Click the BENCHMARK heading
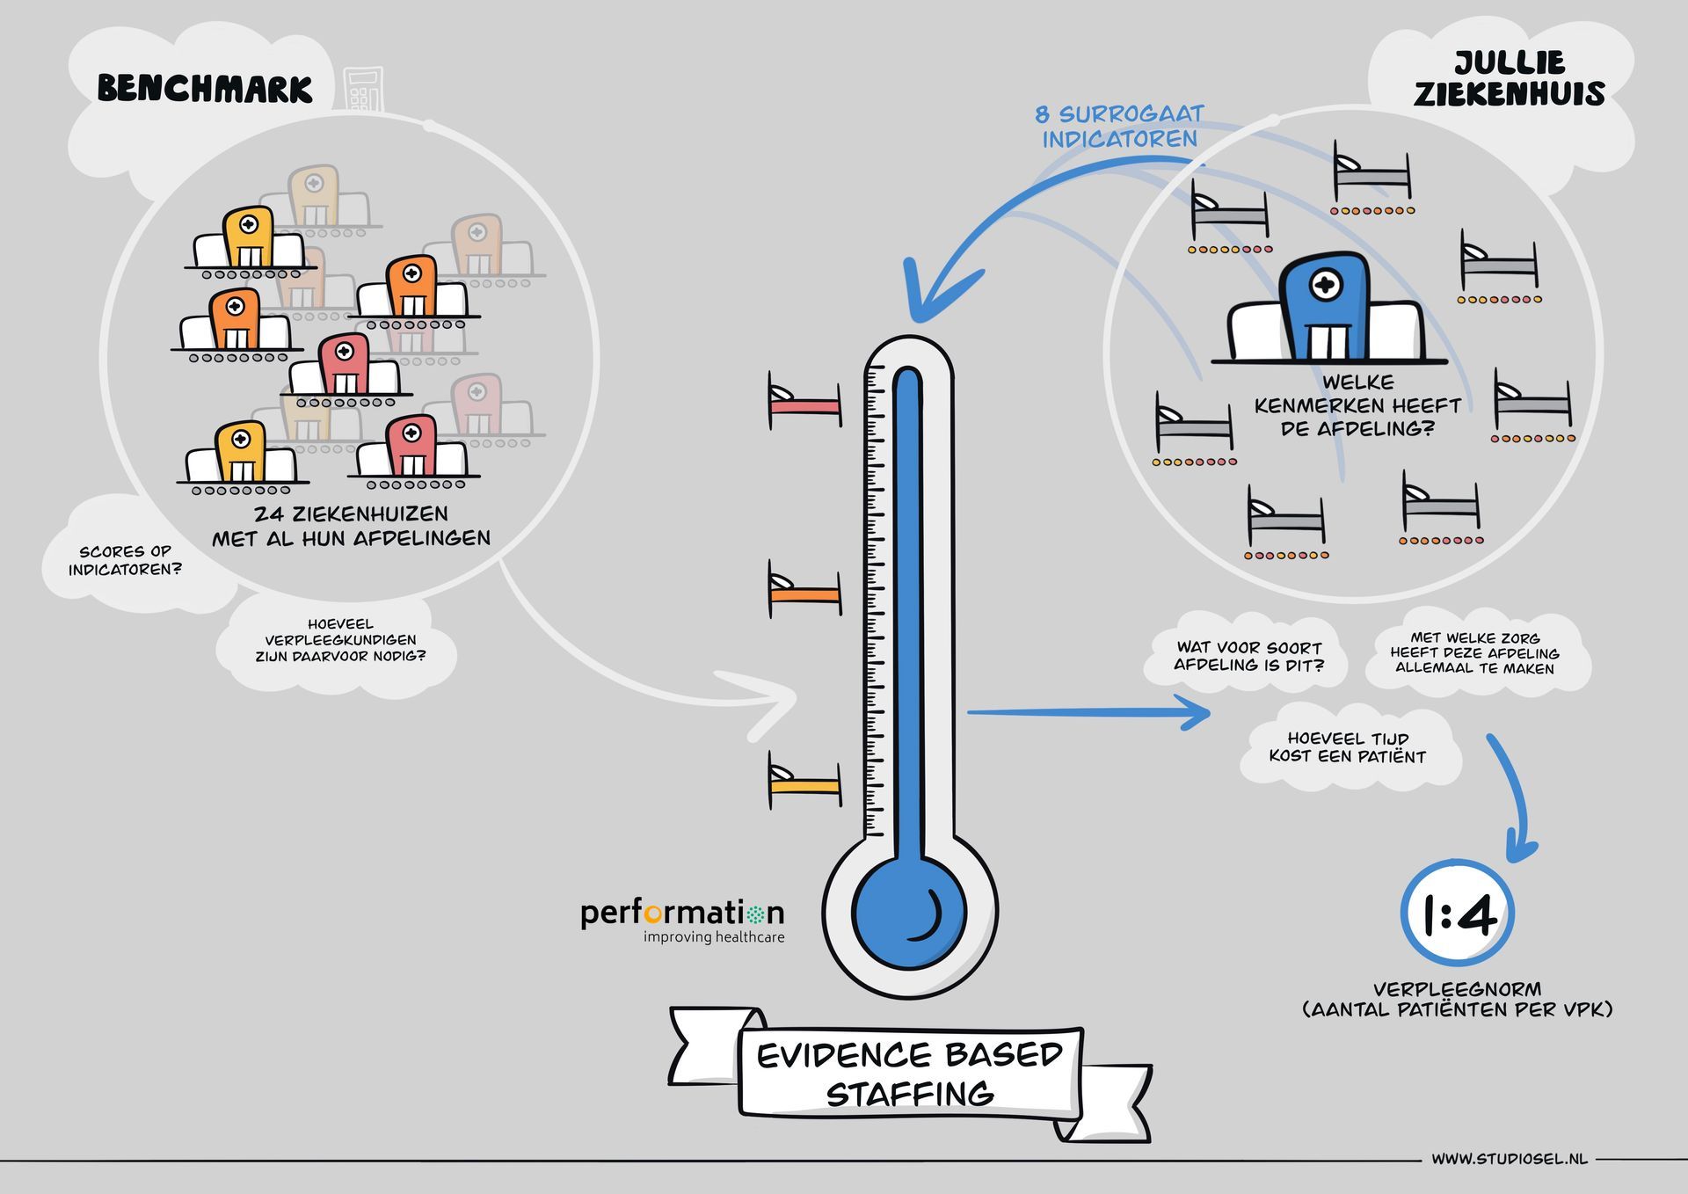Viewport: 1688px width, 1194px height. click(205, 89)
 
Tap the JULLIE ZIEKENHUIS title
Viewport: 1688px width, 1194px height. click(1509, 78)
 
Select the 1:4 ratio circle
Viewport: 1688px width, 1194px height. click(1458, 915)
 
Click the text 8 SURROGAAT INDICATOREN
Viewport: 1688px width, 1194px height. click(1119, 127)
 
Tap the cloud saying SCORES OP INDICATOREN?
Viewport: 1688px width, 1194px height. click(125, 560)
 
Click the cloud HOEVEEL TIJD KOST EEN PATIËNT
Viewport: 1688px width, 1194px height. click(1347, 747)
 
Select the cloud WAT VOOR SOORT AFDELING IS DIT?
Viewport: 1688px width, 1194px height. click(1248, 656)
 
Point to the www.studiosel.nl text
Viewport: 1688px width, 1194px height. click(1509, 1159)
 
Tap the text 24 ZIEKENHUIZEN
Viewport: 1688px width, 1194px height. click(351, 514)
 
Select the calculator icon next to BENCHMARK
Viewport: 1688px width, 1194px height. click(363, 89)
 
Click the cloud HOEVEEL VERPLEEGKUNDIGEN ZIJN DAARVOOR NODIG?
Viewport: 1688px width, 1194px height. click(339, 640)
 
